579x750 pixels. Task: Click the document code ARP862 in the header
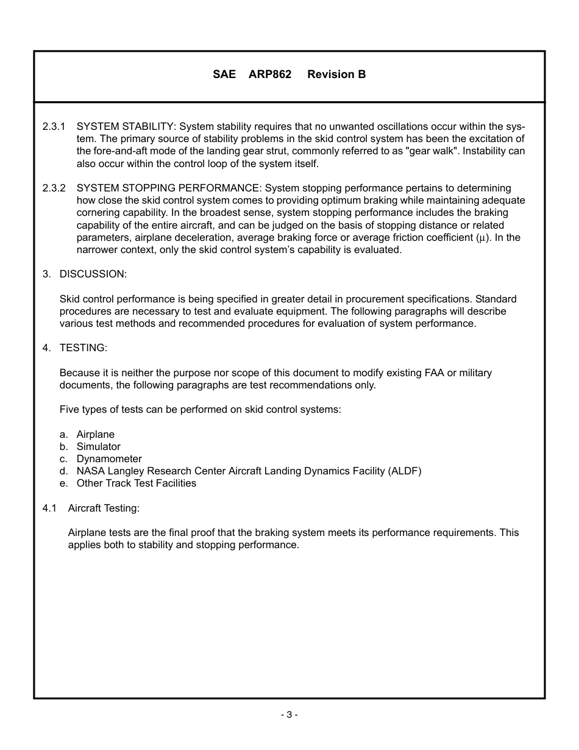[270, 74]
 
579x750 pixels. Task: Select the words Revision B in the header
[336, 74]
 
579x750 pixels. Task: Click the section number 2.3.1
[54, 127]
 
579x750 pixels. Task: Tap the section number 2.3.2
[54, 188]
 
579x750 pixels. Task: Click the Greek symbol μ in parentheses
[481, 238]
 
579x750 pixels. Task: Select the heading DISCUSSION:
[93, 274]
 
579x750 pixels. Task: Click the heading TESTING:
[83, 348]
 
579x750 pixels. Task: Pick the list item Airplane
[95, 434]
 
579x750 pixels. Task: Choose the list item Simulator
[98, 446]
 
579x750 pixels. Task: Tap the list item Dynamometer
[108, 459]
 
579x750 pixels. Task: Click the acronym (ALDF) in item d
[404, 471]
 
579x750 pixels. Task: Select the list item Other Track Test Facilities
[136, 483]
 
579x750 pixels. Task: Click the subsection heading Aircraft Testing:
[104, 508]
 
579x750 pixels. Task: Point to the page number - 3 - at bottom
[289, 715]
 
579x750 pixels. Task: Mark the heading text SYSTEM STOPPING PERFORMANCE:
[169, 188]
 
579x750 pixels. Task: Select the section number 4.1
[49, 508]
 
